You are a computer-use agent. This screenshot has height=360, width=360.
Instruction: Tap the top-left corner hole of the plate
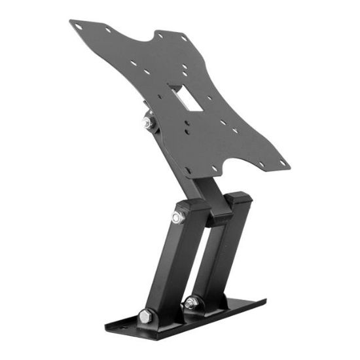pos(79,27)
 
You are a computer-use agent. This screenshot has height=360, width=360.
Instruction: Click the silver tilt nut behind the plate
pos(148,122)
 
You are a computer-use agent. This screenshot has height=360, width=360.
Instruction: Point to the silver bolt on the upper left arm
pos(177,217)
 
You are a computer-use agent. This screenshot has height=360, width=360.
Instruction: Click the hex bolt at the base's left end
pos(145,316)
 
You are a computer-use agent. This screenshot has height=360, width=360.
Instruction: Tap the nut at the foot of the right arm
pos(192,302)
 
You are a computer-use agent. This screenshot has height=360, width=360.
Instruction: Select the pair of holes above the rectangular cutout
pos(187,71)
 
